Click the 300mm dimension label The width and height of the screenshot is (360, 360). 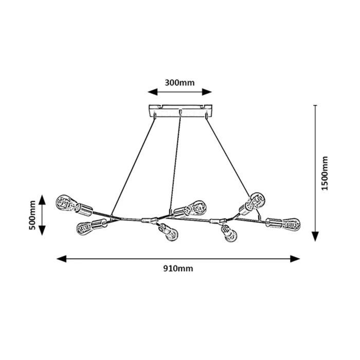pyautogui.click(x=180, y=82)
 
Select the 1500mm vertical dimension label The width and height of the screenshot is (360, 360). pyautogui.click(x=325, y=173)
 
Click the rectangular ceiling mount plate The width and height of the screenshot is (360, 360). pyautogui.click(x=179, y=111)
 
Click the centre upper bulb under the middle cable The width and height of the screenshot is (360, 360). pyautogui.click(x=195, y=207)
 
